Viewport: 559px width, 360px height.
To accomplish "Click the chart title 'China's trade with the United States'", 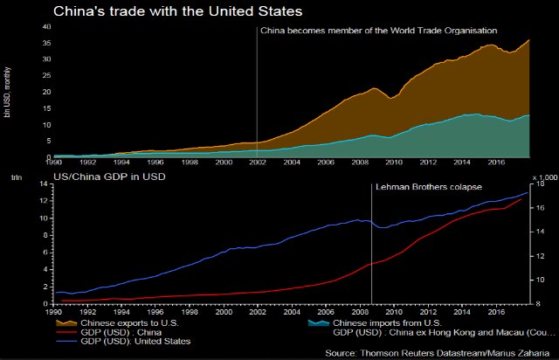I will [x=178, y=12].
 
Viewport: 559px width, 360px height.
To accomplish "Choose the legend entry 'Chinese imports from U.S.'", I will [x=385, y=322].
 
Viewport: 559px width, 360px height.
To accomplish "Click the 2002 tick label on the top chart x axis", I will [x=258, y=163].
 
